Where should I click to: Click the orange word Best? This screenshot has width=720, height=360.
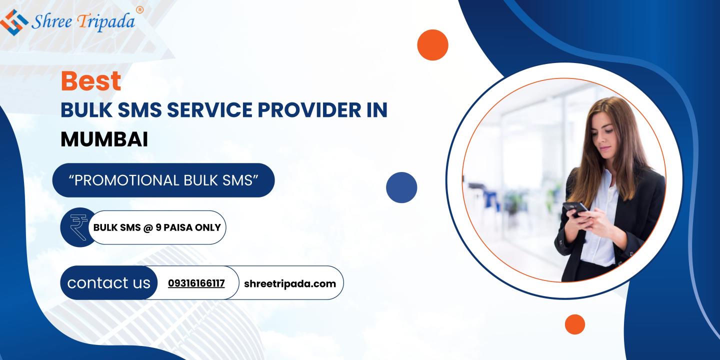coord(91,81)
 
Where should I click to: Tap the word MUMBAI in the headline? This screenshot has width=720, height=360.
coord(104,139)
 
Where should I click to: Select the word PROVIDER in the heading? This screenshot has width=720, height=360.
coord(309,110)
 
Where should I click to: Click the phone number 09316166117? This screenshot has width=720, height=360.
coord(196,283)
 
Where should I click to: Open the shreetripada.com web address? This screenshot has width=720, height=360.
coord(290,284)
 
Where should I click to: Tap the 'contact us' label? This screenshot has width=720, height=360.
coord(108,283)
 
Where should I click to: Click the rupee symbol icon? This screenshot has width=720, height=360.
coord(79,227)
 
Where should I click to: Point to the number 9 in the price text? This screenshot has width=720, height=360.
coord(158,227)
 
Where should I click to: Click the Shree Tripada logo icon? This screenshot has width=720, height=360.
coord(14,22)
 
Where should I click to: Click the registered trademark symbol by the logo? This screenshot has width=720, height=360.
coord(139,10)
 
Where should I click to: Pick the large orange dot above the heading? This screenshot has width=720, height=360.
coord(432,45)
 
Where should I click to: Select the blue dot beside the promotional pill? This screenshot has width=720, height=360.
coord(401,187)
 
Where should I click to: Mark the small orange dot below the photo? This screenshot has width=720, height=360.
coord(574,324)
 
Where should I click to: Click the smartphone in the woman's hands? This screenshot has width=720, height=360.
coord(576,209)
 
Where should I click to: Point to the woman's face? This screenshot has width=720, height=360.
coord(605,135)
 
